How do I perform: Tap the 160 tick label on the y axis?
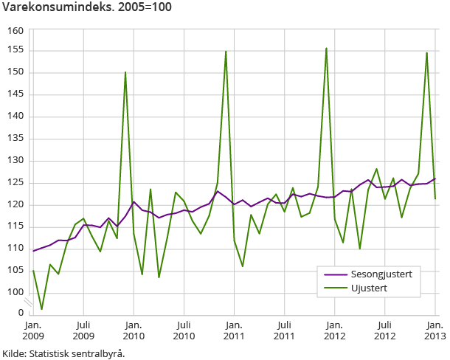click(16, 30)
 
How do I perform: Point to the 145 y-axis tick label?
click(16, 94)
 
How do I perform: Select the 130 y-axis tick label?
click(16, 161)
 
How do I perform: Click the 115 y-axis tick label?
click(16, 226)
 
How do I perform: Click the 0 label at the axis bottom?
click(21, 313)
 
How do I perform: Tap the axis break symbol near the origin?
click(27, 302)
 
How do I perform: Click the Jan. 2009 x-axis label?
click(33, 330)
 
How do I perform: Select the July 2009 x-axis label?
click(83, 330)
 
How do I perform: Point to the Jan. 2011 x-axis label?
click(234, 330)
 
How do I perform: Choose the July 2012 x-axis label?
click(384, 330)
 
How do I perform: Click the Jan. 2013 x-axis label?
click(434, 330)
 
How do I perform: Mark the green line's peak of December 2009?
click(125, 72)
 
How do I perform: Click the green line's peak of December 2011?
click(326, 49)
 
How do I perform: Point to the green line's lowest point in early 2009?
click(41, 309)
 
